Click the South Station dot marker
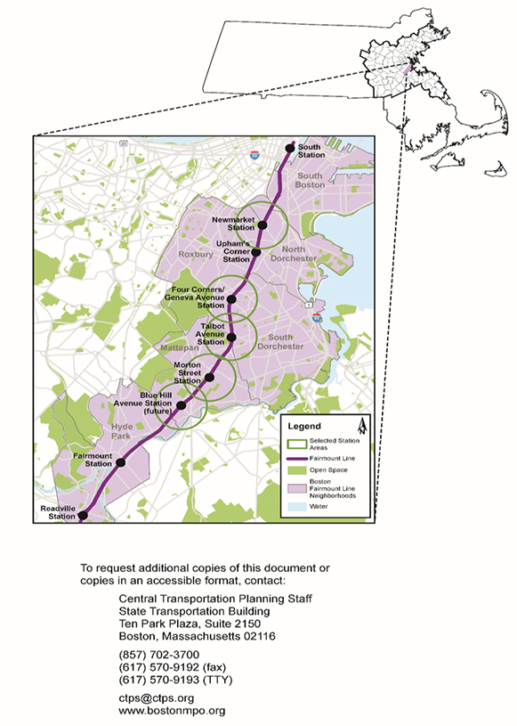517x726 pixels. coord(288,148)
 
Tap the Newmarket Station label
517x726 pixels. coord(234,224)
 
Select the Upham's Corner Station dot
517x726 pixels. coord(256,252)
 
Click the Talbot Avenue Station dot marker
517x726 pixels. coord(232,338)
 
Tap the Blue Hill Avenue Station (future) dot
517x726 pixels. coord(181,405)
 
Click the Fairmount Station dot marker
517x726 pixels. coord(120,462)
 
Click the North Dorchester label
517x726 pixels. coord(298,253)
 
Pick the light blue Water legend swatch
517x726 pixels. coord(294,506)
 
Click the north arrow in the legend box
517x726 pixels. coord(360,426)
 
